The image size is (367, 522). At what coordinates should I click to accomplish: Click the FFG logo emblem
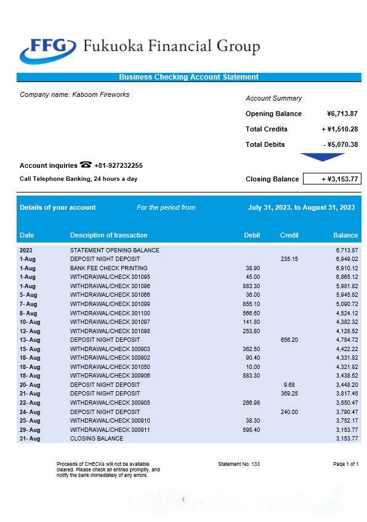click(47, 49)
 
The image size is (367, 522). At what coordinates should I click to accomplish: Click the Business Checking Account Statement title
click(188, 77)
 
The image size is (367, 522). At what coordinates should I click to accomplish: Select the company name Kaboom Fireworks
click(75, 94)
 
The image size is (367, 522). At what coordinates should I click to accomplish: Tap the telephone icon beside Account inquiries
click(86, 165)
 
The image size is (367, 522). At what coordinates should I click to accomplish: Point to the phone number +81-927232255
click(118, 165)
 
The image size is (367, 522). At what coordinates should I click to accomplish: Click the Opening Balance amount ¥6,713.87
click(342, 114)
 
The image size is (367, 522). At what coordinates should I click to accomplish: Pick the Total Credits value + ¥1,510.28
click(339, 129)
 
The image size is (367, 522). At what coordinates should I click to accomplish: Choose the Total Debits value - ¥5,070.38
click(341, 144)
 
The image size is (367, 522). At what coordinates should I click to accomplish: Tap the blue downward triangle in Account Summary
click(323, 157)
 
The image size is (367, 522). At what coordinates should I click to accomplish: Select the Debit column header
click(252, 235)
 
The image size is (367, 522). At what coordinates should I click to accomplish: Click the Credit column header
click(289, 235)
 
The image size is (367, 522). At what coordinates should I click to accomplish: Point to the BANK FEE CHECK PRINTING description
click(109, 268)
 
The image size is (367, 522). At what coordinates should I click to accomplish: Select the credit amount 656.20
click(289, 340)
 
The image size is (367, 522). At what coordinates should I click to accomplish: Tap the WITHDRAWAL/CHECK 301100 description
click(110, 313)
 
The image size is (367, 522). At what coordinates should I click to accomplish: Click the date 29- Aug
click(30, 429)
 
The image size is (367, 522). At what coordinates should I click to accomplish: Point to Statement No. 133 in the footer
click(239, 463)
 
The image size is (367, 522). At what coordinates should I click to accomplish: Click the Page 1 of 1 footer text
click(345, 463)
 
